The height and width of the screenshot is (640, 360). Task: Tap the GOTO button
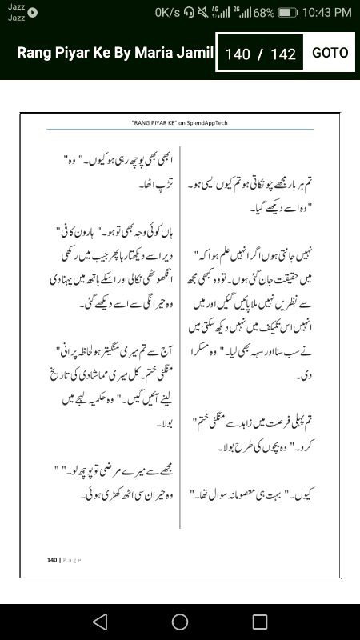pos(330,53)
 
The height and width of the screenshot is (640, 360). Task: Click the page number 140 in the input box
pos(238,54)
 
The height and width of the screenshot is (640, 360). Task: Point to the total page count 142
pos(283,54)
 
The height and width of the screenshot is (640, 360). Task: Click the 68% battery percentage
pos(264,13)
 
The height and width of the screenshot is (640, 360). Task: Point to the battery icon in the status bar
pos(289,13)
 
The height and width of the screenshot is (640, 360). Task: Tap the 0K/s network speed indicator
pos(167,13)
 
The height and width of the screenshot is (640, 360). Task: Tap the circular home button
pos(180,622)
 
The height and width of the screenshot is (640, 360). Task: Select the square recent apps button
pos(260,622)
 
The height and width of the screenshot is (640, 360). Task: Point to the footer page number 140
pos(52,560)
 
